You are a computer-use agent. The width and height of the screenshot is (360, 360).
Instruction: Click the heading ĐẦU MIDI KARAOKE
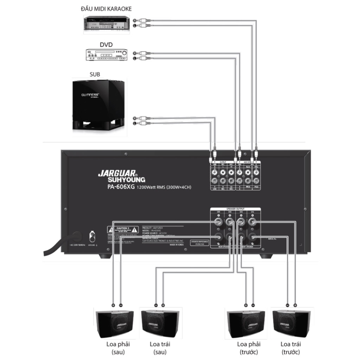106,8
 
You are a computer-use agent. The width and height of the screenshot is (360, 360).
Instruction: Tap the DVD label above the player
107,45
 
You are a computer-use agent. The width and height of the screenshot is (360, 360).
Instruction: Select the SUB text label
95,74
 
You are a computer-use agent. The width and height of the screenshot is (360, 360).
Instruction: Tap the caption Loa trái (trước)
291,348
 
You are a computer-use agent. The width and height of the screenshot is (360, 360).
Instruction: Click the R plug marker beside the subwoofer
135,118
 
